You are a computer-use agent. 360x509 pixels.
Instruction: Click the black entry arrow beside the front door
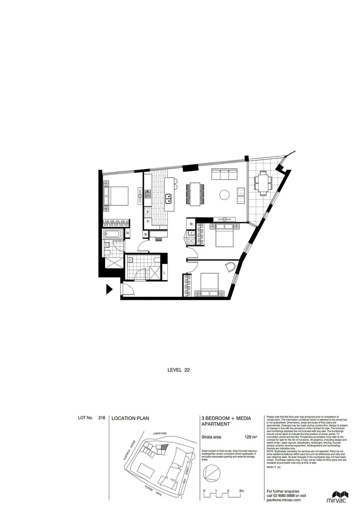[x=109, y=289]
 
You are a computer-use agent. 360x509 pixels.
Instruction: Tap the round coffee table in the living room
[x=224, y=194]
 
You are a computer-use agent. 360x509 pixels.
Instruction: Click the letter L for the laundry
[x=164, y=272]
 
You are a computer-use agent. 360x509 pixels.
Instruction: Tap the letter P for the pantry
[x=147, y=222]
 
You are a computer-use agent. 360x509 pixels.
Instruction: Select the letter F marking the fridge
[x=147, y=213]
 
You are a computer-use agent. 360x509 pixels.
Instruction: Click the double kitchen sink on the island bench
[x=168, y=198]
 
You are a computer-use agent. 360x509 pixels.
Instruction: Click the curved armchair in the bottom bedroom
[x=229, y=267]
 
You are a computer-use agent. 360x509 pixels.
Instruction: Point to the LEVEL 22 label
[x=179, y=370]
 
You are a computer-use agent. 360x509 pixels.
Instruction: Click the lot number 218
[x=102, y=418]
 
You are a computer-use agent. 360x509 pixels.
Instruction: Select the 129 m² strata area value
[x=251, y=438]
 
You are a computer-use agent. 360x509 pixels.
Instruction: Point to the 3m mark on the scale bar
[x=241, y=491]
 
